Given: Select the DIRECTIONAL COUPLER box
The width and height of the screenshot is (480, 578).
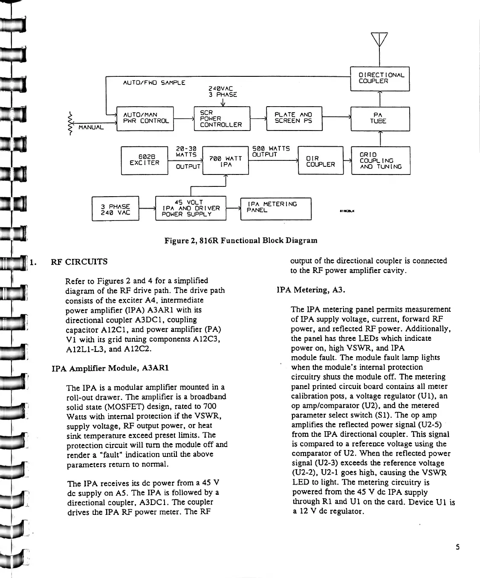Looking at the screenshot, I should [x=379, y=78].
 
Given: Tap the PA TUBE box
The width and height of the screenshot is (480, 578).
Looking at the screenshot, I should [x=379, y=118].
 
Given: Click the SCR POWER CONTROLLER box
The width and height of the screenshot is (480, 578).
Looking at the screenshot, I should [x=222, y=118].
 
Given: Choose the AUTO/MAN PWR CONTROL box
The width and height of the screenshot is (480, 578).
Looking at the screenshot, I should [x=145, y=118].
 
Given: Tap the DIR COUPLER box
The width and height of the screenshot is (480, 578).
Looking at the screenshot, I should [x=321, y=161].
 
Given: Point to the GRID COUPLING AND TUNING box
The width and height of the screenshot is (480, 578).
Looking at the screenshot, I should [x=381, y=160].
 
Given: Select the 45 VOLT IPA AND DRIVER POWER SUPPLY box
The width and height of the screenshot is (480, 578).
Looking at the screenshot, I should [x=191, y=208].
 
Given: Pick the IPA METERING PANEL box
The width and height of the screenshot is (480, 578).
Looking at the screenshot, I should [x=276, y=208].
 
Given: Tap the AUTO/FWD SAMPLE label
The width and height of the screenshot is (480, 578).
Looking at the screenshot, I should [x=154, y=82].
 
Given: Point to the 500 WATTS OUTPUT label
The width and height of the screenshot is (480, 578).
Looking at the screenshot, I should [x=271, y=151].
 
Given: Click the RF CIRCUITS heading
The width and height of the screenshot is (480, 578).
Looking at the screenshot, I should [x=79, y=261].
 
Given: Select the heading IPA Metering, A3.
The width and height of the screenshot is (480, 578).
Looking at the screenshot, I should [x=311, y=290].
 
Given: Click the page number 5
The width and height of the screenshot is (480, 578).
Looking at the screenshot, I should [x=457, y=547].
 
